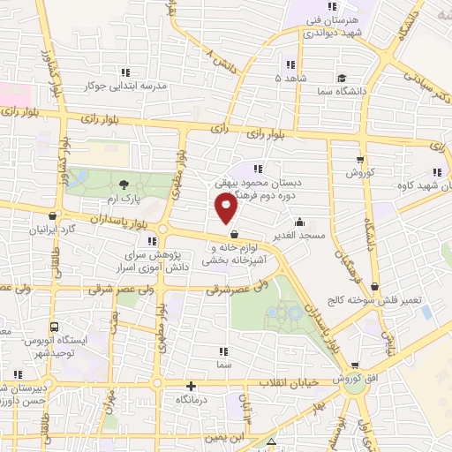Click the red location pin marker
click(x=227, y=207)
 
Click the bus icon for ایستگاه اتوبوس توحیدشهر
click(x=55, y=326)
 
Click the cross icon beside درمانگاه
click(x=192, y=385)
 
